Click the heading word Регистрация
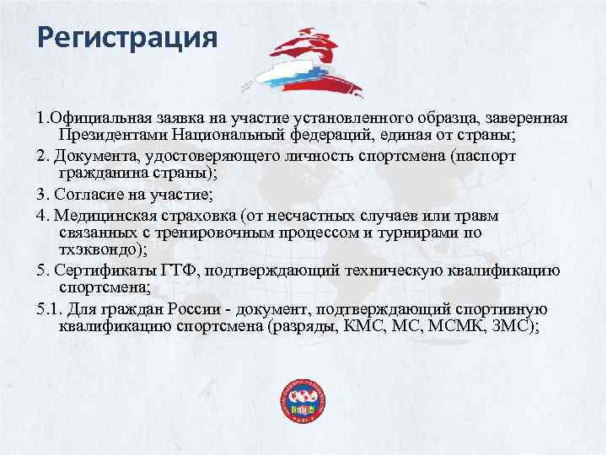pyautogui.click(x=127, y=40)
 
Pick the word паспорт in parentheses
pyautogui.click(x=490, y=158)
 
